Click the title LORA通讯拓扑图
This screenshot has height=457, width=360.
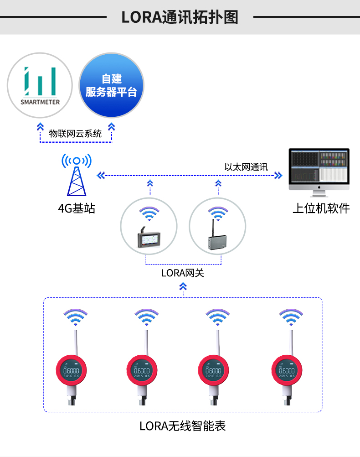[x=180, y=17]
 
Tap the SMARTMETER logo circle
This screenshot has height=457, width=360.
[x=40, y=85]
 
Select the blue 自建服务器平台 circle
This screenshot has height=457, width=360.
[x=112, y=85]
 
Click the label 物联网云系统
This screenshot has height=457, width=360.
[x=76, y=134]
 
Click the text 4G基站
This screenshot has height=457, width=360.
[x=77, y=209]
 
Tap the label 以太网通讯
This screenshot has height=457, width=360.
[x=246, y=167]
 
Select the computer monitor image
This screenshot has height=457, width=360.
[x=319, y=171]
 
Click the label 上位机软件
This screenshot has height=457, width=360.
[x=321, y=209]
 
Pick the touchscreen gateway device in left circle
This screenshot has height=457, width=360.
[x=149, y=239]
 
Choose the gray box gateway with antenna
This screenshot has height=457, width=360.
[x=217, y=239]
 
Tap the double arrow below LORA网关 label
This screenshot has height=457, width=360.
[x=183, y=286]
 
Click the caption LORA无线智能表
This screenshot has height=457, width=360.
[x=183, y=426]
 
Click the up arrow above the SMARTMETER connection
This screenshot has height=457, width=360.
[x=40, y=126]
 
